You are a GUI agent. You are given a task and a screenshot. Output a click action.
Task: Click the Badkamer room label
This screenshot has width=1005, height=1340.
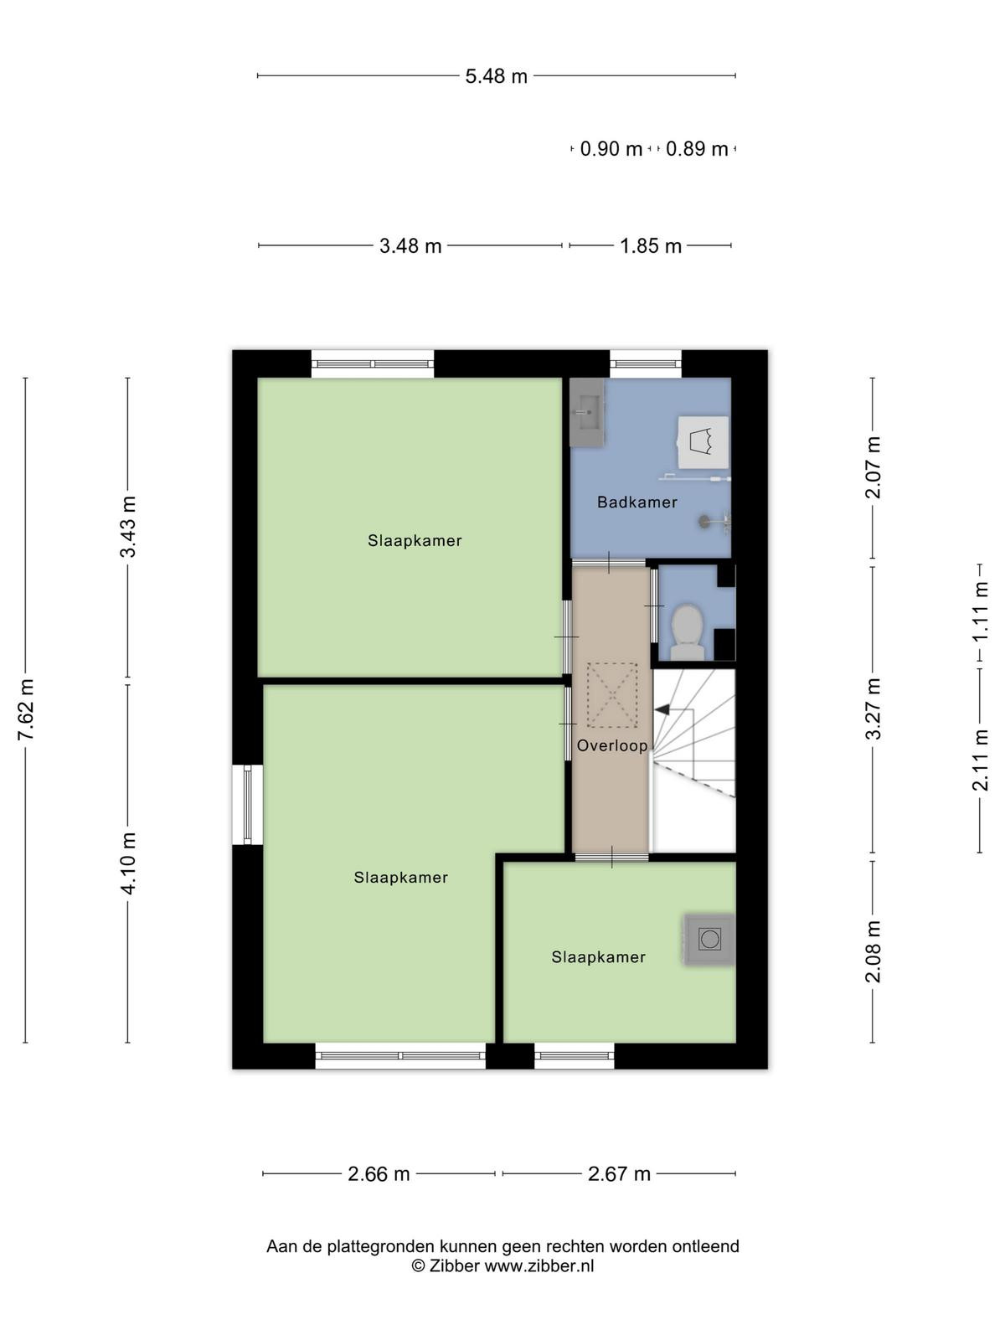636,502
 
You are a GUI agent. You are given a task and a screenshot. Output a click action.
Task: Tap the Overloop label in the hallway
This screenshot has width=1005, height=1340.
612,745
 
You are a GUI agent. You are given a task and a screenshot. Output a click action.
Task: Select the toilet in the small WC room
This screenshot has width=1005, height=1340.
687,633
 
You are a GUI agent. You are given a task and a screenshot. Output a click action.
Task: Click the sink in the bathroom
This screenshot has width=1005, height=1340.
587,412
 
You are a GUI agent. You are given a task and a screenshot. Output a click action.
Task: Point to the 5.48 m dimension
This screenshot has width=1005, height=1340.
496,76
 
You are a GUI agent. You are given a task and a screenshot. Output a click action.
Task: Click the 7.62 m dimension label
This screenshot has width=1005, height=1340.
26,709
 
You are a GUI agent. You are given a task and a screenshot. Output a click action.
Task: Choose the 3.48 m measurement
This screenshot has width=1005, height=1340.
410,246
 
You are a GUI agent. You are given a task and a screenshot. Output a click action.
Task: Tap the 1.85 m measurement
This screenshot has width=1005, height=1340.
651,246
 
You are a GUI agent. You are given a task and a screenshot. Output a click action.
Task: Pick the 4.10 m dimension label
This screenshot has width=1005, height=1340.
128,863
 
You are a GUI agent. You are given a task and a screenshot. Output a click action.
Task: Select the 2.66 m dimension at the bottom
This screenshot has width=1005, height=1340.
379,1174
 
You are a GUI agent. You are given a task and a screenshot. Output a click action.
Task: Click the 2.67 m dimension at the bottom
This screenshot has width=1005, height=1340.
619,1174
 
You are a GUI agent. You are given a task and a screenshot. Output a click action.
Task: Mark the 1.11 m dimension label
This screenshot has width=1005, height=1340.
980,611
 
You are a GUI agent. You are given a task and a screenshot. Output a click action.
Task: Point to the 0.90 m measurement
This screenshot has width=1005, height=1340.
611,149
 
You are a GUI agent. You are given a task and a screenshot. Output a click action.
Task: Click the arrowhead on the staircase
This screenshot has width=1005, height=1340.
662,709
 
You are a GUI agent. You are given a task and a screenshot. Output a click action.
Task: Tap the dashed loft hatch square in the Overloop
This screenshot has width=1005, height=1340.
612,695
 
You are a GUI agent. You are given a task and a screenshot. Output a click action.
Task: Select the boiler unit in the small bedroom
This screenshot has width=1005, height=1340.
709,939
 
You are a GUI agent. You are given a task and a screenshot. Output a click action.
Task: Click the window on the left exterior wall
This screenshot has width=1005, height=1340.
247,805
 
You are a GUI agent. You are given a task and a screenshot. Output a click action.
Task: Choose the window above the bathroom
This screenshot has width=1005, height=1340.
646,363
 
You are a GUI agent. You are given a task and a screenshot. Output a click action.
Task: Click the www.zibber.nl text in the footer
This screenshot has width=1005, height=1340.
539,1265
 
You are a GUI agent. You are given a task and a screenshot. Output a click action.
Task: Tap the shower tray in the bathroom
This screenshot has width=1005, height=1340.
705,442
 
